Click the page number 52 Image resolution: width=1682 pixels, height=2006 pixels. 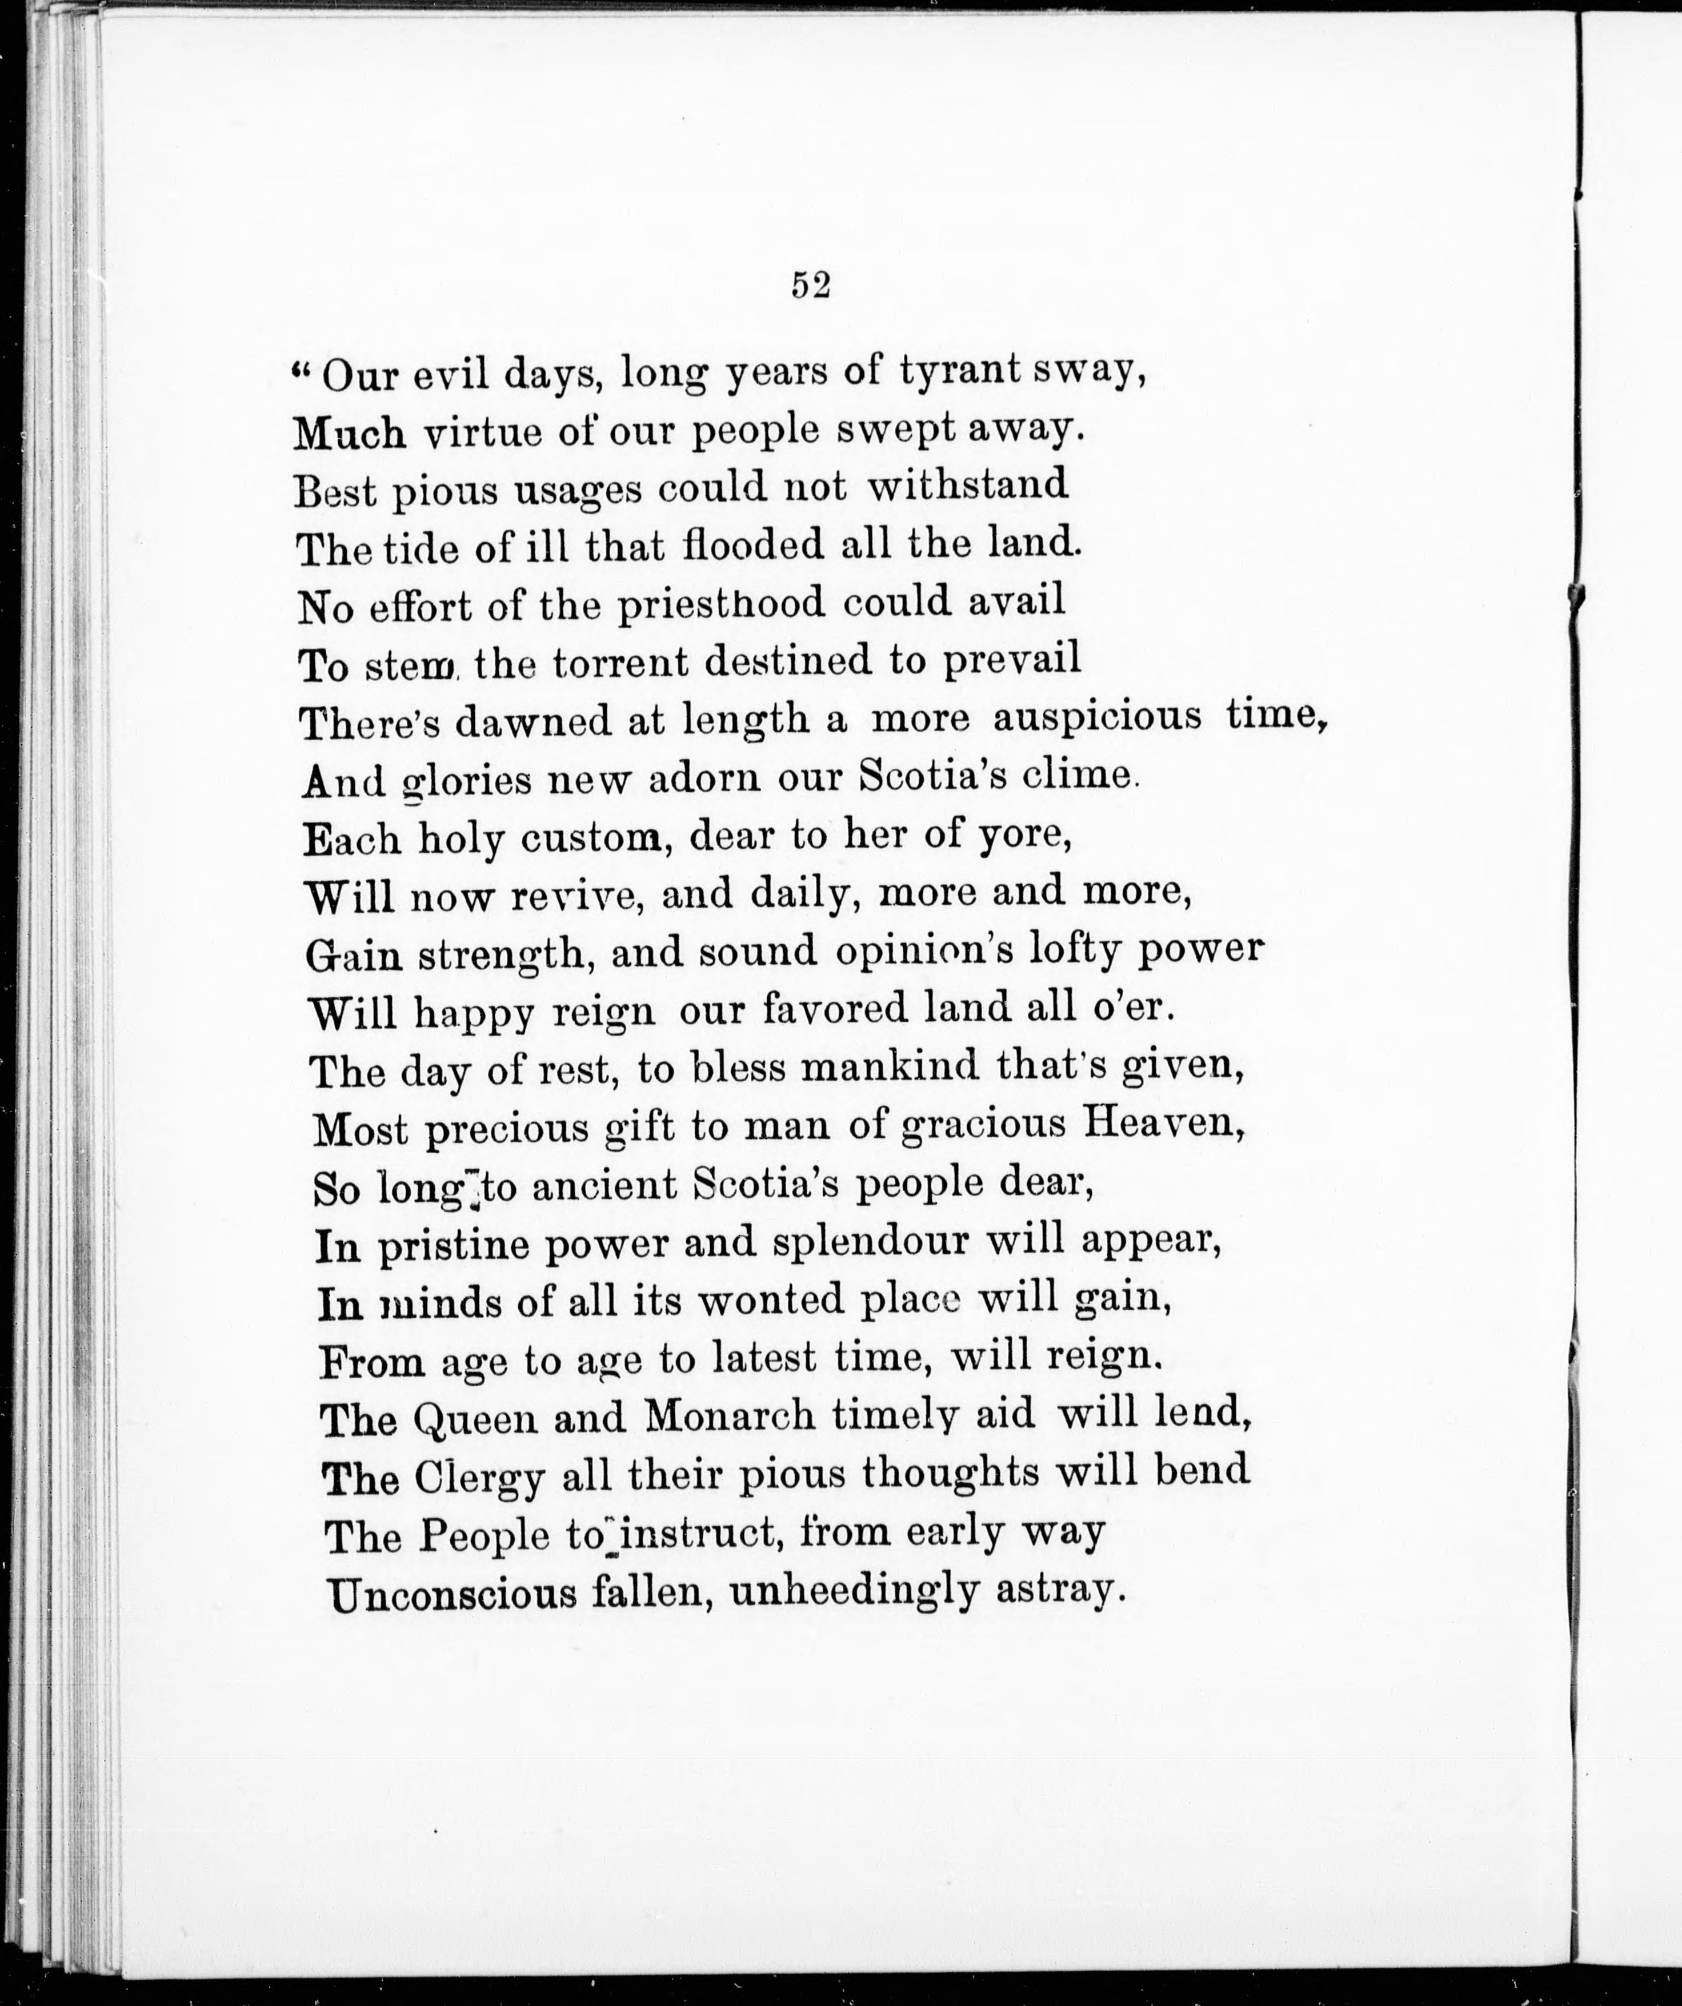pos(810,286)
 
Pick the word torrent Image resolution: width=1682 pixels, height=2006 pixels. pos(620,661)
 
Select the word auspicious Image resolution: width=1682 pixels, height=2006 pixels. pos(1096,719)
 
